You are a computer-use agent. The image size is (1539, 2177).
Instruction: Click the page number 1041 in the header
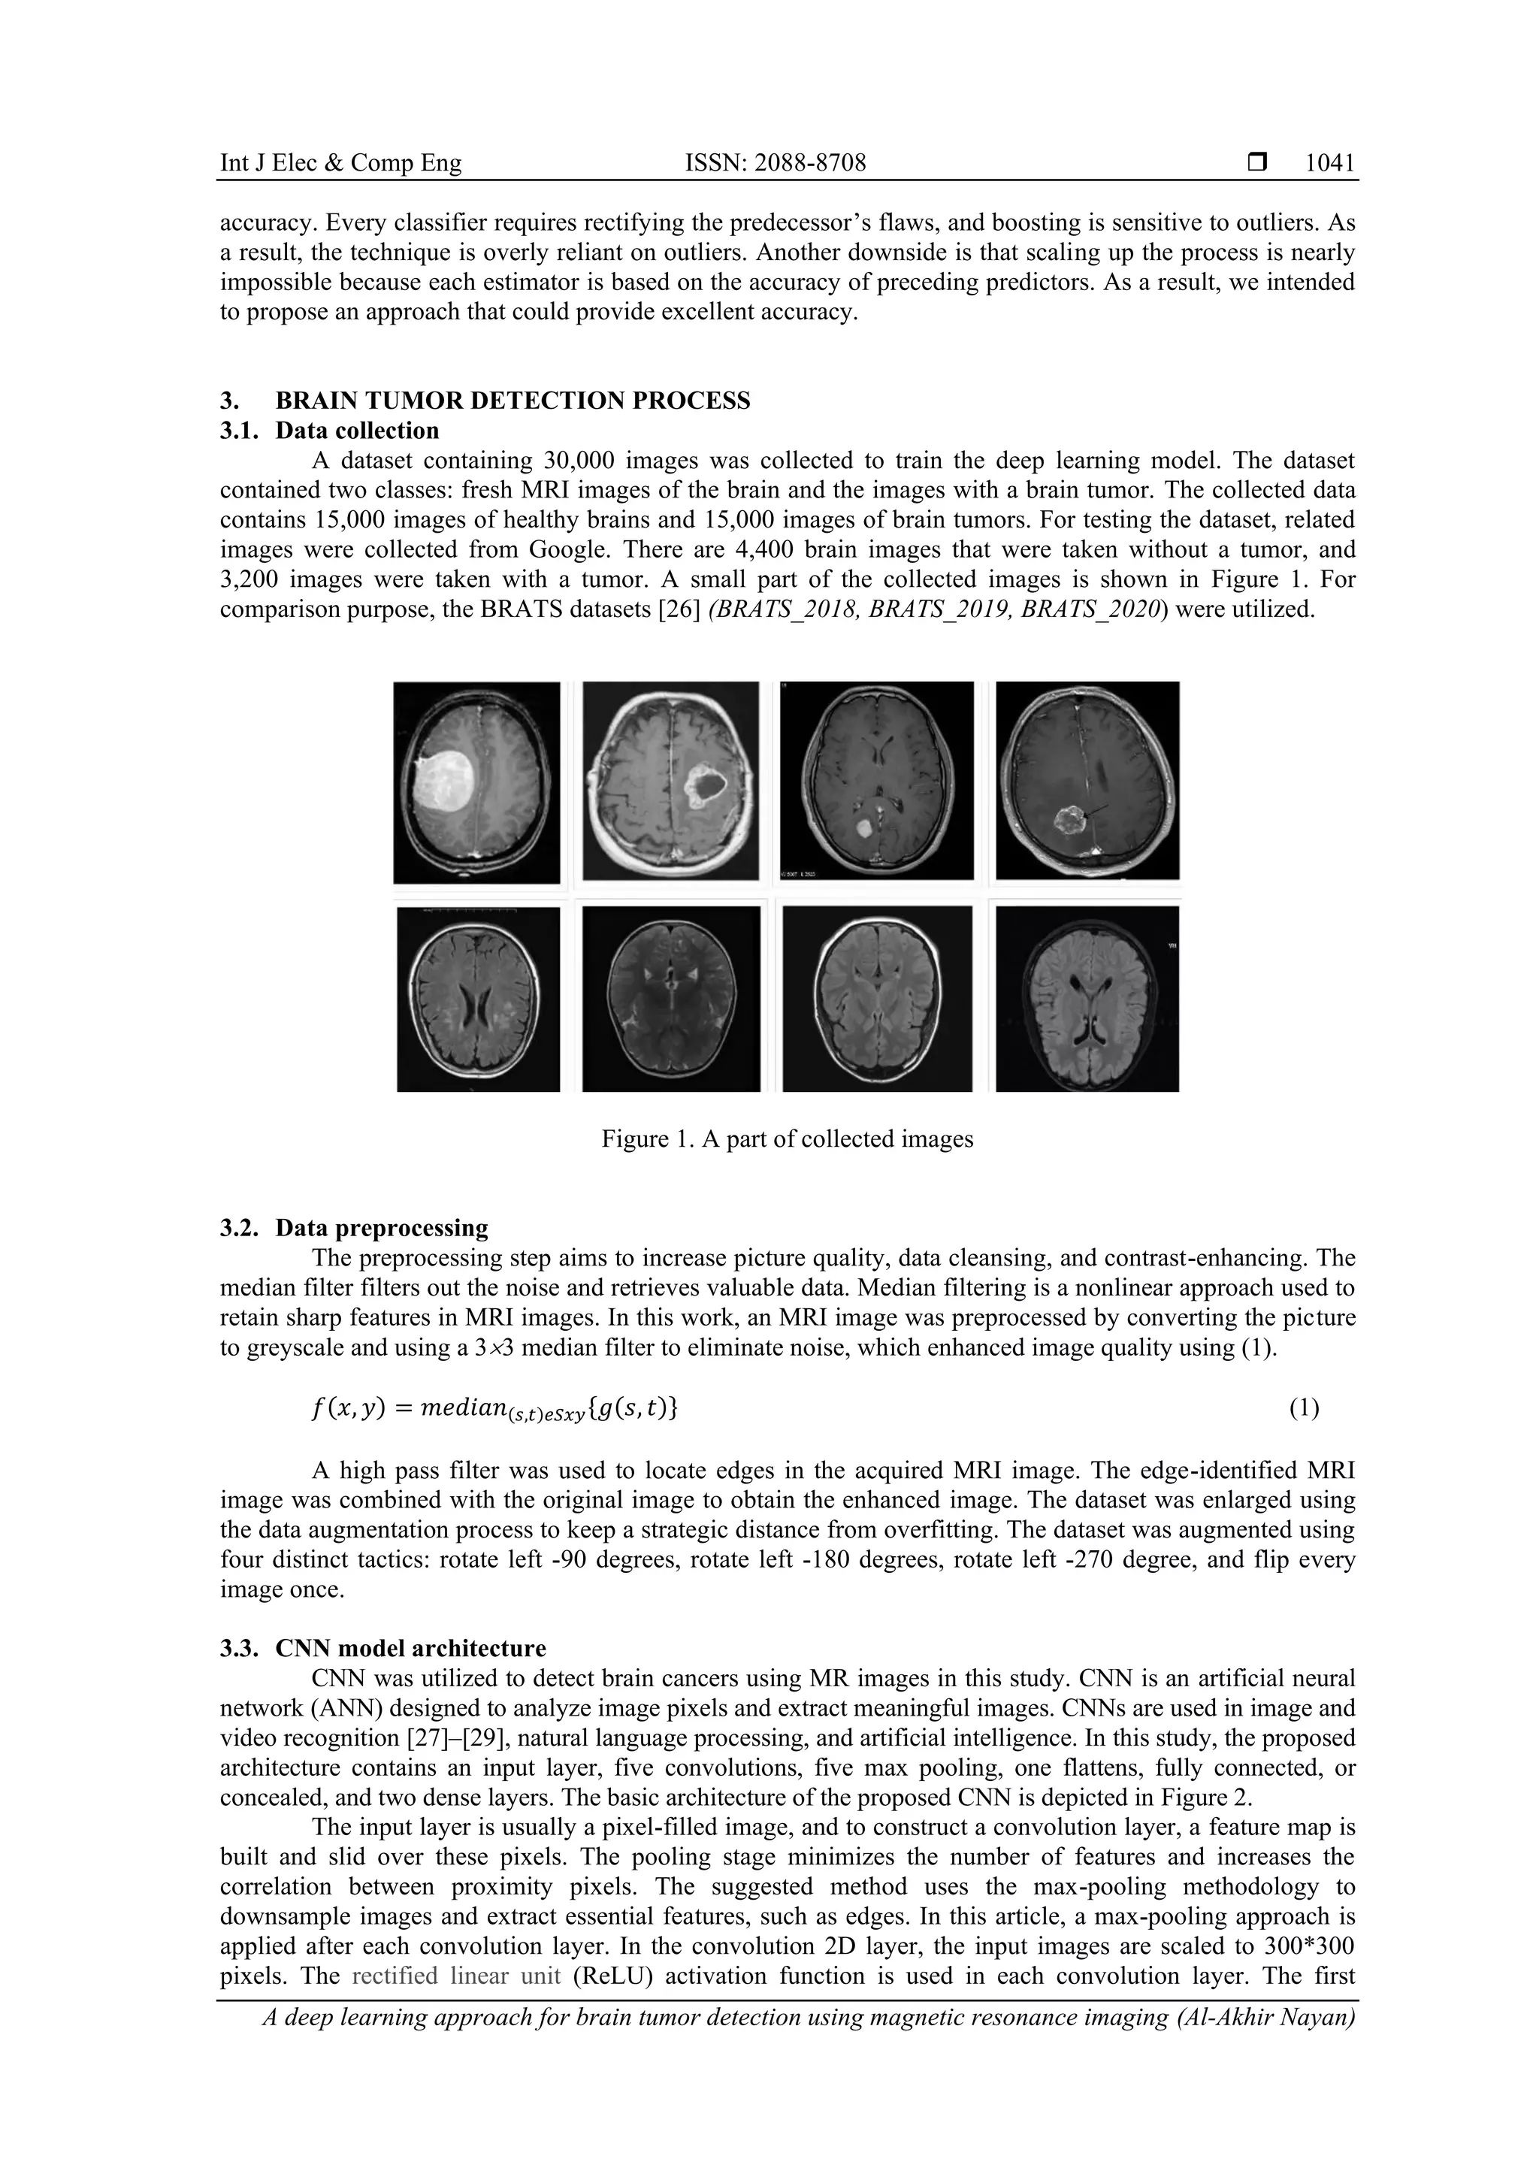[x=1329, y=163]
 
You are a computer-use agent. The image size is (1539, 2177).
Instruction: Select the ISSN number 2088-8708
[x=808, y=163]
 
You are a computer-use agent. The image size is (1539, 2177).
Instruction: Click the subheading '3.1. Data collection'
[x=329, y=431]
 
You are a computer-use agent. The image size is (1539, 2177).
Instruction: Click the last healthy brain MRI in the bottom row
[x=1087, y=999]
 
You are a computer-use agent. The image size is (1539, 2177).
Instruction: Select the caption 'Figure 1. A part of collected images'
[x=787, y=1138]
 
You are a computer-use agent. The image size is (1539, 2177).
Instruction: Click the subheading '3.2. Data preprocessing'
[x=354, y=1228]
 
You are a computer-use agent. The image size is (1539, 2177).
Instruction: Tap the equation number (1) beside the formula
[x=1303, y=1408]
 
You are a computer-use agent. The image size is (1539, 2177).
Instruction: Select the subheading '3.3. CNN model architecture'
[x=382, y=1648]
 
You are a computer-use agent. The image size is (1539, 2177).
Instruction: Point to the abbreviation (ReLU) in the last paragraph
[x=612, y=1976]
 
